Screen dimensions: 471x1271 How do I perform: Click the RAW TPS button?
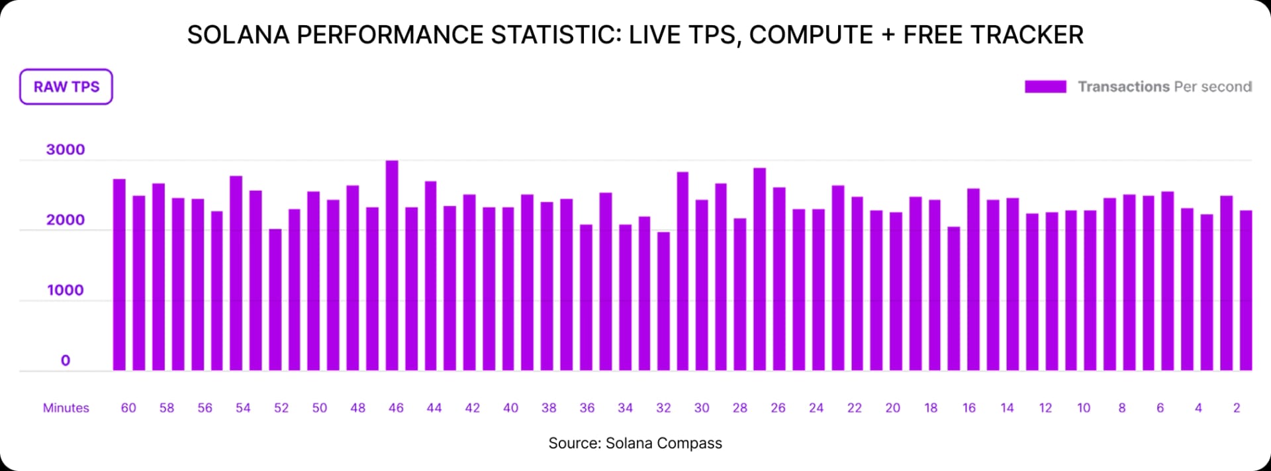point(66,87)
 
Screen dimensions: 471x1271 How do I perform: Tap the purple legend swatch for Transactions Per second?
point(1045,87)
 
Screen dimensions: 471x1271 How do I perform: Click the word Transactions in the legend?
point(1123,87)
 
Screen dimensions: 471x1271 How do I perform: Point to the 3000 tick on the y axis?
point(66,150)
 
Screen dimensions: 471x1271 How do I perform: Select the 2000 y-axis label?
point(66,220)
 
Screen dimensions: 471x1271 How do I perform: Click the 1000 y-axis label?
point(66,290)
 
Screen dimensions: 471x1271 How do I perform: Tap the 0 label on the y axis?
point(66,360)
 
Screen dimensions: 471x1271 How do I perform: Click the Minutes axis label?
point(66,408)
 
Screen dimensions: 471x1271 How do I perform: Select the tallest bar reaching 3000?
point(392,265)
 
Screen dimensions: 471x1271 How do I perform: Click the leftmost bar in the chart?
point(119,275)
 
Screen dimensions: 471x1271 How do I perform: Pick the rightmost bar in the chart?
point(1246,291)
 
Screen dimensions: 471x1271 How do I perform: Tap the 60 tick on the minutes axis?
point(128,408)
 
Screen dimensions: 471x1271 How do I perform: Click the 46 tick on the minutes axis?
point(396,408)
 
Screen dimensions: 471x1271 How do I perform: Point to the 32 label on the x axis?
point(663,408)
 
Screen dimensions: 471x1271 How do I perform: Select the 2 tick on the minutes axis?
point(1236,408)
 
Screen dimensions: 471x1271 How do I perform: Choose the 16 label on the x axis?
point(969,408)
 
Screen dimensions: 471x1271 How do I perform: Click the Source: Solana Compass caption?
point(635,443)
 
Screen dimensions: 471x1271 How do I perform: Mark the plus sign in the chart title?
point(888,34)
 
